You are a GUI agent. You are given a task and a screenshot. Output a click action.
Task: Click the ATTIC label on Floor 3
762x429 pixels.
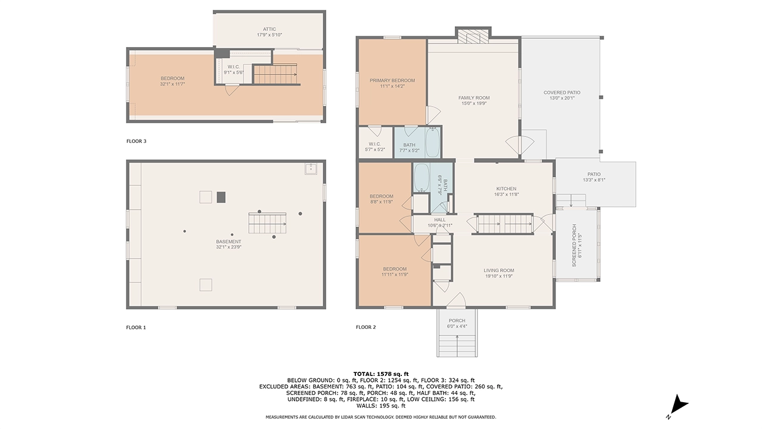(270, 29)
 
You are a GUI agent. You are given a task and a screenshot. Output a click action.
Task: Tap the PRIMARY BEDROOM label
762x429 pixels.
(392, 80)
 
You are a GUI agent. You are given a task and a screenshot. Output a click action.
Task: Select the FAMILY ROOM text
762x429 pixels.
(474, 98)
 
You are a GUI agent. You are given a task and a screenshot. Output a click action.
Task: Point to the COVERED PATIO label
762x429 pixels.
(561, 92)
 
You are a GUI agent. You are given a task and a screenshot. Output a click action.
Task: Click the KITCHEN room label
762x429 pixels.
(506, 189)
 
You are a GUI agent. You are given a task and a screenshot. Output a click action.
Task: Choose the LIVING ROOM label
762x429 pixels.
(498, 271)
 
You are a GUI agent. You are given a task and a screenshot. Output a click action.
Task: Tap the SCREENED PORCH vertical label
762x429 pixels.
(574, 245)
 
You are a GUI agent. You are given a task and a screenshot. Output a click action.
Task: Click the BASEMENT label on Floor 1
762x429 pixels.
(229, 241)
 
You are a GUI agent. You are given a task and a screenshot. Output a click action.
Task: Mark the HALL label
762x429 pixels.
(439, 220)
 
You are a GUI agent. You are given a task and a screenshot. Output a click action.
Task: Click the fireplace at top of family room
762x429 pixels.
(473, 38)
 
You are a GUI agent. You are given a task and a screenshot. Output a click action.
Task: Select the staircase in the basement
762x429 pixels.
(267, 224)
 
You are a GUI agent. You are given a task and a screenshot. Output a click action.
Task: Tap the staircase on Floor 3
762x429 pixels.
(275, 74)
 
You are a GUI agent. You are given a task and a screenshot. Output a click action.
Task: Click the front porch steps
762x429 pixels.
(457, 344)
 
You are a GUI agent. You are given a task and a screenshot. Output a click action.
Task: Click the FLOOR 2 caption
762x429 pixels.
(366, 327)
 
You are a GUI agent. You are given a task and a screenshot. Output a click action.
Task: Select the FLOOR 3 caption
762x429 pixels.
(136, 141)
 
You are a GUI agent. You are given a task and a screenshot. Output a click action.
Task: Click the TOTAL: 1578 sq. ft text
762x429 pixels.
(381, 374)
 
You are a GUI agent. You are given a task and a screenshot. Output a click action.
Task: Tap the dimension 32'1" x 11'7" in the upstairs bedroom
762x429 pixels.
(172, 84)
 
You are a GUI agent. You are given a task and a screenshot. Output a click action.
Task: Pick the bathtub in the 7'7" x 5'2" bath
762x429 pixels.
(433, 143)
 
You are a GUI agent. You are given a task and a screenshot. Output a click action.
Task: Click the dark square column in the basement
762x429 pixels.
(221, 197)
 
